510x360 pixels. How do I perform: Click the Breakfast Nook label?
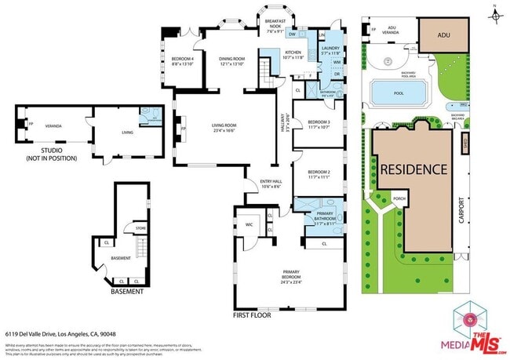point(275,24)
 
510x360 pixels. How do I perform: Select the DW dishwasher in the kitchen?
point(292,35)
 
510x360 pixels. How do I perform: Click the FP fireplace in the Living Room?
point(183,129)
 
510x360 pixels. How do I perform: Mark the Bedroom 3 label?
point(319,124)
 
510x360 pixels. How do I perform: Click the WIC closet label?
point(250,224)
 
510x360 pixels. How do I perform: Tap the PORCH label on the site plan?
point(399,198)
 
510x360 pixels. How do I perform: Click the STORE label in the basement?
point(140,229)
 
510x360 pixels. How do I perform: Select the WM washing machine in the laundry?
point(336,62)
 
